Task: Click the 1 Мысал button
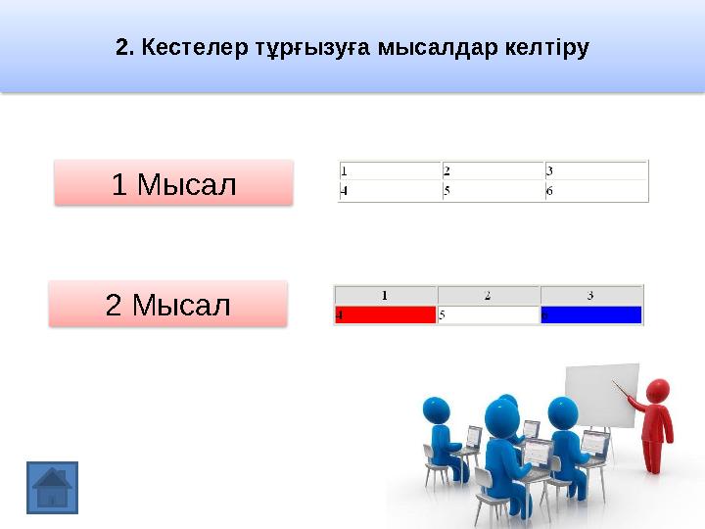click(173, 183)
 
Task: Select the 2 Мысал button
click(168, 305)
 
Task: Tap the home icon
click(52, 487)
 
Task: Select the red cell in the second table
click(385, 315)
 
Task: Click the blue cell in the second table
click(591, 315)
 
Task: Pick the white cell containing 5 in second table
click(488, 315)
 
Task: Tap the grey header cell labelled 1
click(385, 294)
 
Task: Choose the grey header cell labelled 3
click(591, 294)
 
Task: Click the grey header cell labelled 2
click(488, 294)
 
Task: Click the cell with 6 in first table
click(596, 191)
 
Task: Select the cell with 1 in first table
click(390, 170)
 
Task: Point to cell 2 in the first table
click(493, 170)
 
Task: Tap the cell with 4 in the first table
click(390, 191)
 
